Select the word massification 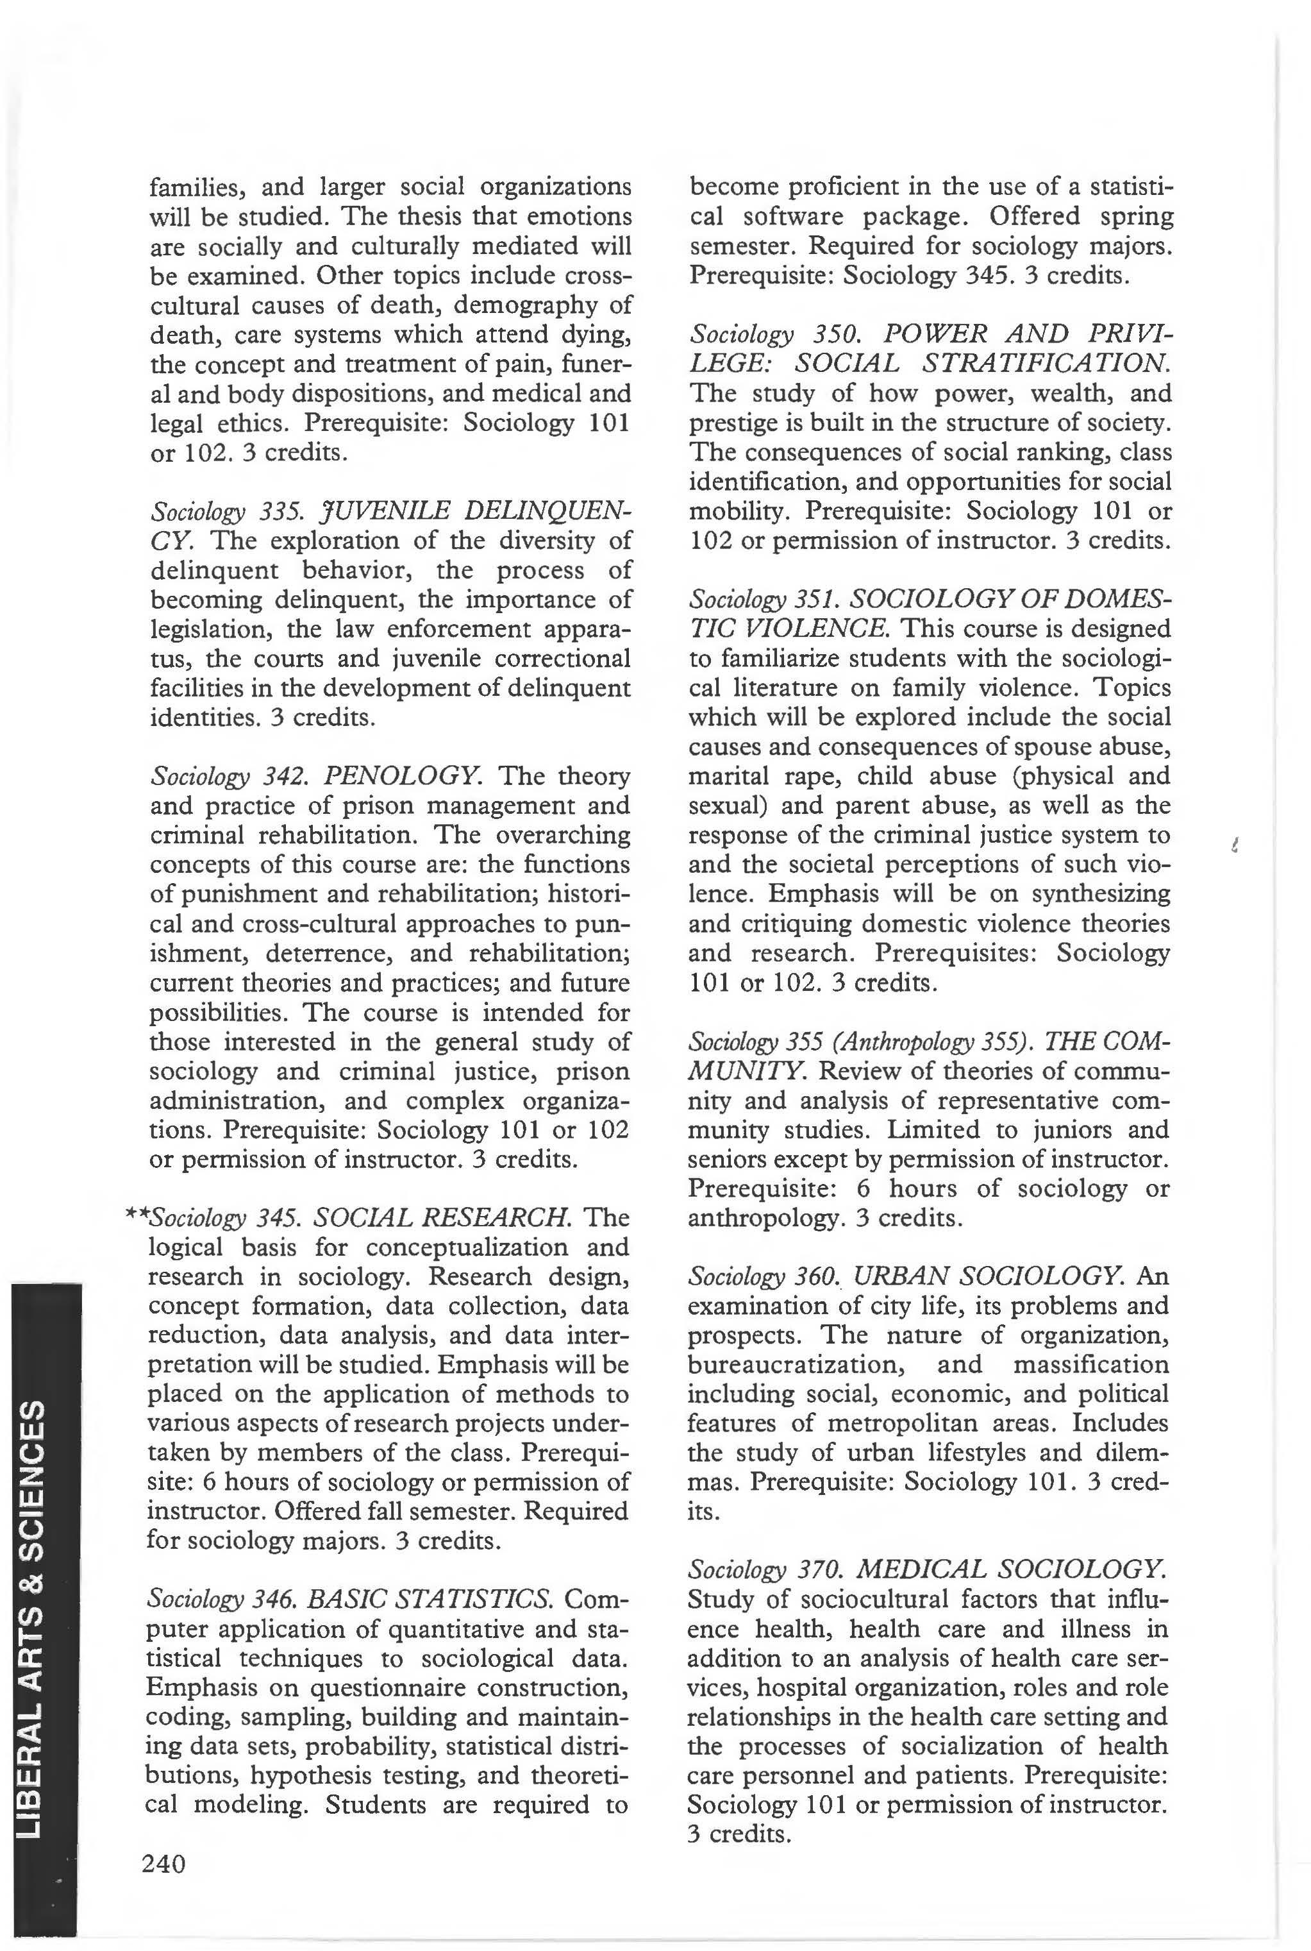[x=1090, y=1365]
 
